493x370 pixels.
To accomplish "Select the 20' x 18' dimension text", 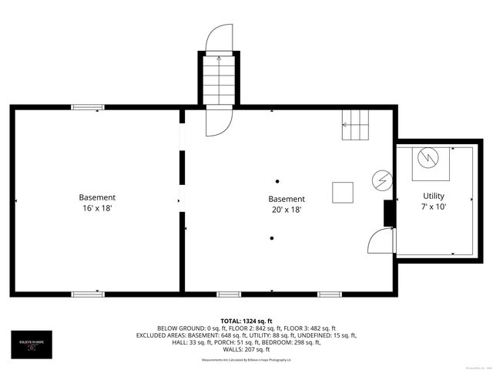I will pos(286,209).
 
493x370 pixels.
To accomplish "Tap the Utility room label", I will pos(433,196).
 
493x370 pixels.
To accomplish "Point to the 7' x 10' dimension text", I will pos(433,207).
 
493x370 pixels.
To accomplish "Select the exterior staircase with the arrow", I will pos(219,81).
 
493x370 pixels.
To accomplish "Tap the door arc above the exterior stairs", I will pos(219,39).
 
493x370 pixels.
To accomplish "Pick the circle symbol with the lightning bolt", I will pos(381,180).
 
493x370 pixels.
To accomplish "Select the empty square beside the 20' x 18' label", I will pos(343,192).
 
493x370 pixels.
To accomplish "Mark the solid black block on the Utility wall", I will pos(390,214).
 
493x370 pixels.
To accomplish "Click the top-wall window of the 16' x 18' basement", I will pos(88,107).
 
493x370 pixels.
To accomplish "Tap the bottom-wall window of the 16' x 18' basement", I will pos(88,294).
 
